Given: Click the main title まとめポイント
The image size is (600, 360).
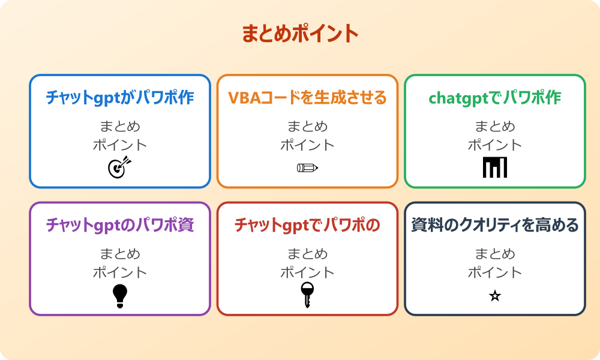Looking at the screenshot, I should click(300, 34).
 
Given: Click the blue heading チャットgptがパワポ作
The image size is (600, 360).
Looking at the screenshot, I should click(120, 97).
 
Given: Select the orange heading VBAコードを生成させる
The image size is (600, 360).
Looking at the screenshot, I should click(307, 97).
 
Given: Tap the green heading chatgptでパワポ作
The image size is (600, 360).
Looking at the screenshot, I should click(494, 97).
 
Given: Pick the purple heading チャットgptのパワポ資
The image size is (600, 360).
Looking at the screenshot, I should click(120, 225).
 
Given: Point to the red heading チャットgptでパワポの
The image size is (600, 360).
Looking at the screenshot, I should click(307, 225).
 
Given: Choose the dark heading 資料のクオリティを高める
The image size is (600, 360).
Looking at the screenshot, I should click(494, 225).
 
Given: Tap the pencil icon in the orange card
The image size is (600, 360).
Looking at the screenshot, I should click(307, 167).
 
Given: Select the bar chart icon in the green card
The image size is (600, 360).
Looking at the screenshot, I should click(494, 167).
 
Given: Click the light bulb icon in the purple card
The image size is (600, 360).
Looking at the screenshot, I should click(120, 296).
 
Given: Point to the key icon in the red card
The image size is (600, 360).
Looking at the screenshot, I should click(307, 295).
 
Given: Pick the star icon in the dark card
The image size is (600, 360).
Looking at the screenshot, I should click(494, 296).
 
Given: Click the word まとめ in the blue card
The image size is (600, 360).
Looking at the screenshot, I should click(120, 127).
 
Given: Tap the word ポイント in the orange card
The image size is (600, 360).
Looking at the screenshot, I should click(307, 145).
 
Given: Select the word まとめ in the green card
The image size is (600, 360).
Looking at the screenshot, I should click(494, 127).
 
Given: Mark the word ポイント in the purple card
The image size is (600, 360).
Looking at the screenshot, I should click(120, 272).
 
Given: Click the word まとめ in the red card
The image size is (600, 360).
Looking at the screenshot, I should click(307, 254).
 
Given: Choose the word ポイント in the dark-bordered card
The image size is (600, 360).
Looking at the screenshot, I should click(494, 272).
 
